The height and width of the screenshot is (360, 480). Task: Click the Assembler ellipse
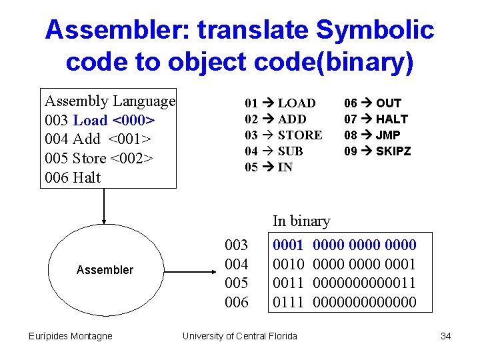(105, 269)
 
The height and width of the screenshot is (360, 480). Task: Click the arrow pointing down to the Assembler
(104, 207)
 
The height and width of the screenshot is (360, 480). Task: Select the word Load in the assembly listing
(90, 120)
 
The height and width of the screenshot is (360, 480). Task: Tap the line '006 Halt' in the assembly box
(73, 177)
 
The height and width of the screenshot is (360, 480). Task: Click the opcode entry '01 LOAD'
(280, 103)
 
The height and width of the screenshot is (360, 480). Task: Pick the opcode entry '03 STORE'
(283, 135)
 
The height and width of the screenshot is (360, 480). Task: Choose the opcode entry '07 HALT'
(375, 119)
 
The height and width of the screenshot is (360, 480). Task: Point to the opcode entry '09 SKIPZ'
(377, 151)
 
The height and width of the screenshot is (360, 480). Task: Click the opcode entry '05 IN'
(269, 167)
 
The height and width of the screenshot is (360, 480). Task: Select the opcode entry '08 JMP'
(373, 135)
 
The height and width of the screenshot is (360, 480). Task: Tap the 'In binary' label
(301, 221)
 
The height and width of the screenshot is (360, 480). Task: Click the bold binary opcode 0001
(289, 245)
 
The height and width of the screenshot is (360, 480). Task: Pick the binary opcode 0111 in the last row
(289, 303)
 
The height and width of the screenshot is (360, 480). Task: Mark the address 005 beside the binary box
(237, 283)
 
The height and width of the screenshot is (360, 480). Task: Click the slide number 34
(445, 336)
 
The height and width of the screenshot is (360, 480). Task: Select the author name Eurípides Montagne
(71, 336)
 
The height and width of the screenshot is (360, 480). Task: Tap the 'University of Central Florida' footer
(240, 336)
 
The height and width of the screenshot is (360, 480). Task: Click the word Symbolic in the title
(375, 30)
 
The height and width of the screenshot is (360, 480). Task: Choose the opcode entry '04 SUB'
(274, 151)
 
